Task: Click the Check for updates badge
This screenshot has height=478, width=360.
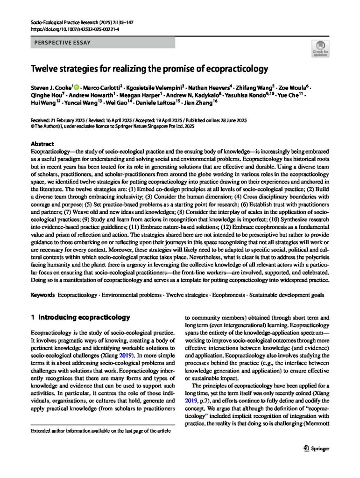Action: pos(321,48)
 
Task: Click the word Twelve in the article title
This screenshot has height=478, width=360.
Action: pos(44,70)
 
